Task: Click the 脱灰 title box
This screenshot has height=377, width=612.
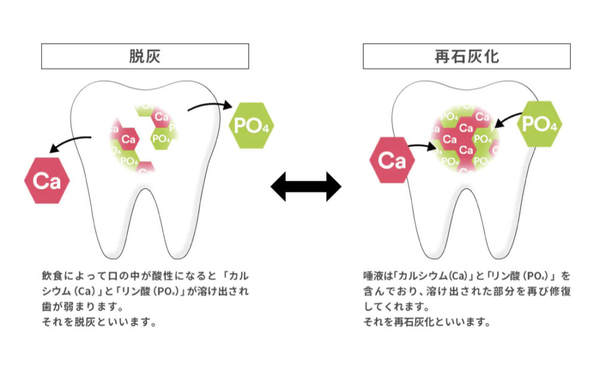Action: (145, 56)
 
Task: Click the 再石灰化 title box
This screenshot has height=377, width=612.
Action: (466, 56)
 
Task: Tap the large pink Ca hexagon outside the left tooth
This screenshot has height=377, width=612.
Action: (47, 180)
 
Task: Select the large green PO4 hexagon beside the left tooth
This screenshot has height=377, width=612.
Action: (252, 125)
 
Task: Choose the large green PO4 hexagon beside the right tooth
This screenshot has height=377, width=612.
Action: (539, 124)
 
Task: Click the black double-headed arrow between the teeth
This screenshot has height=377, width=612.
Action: (306, 188)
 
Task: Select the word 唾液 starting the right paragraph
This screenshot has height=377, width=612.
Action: (372, 277)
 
